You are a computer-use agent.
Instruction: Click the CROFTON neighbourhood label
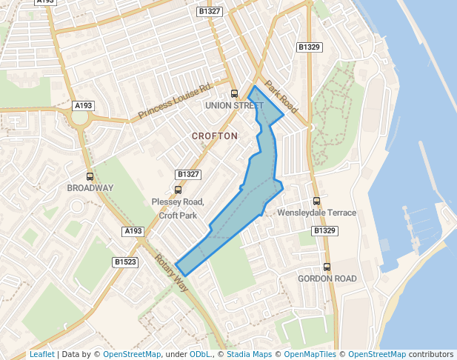click(x=215, y=136)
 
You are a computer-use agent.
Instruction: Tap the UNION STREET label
click(x=234, y=106)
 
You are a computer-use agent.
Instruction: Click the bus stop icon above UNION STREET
click(x=234, y=94)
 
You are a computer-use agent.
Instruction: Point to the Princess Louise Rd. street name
click(x=175, y=101)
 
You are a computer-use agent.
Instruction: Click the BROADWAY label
click(x=90, y=188)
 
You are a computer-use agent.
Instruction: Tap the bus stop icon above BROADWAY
click(x=90, y=176)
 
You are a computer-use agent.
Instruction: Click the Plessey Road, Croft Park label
click(x=178, y=208)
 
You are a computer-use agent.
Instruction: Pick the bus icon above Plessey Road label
click(x=178, y=190)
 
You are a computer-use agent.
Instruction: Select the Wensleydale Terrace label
click(x=316, y=213)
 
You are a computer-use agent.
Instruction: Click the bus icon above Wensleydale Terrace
click(x=317, y=201)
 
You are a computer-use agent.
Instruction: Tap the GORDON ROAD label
click(x=327, y=279)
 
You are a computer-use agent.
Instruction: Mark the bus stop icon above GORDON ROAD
click(x=327, y=267)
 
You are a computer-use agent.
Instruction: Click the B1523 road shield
click(x=125, y=262)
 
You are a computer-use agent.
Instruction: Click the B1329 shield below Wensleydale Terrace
click(x=324, y=231)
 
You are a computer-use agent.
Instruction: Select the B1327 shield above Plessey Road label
click(x=189, y=174)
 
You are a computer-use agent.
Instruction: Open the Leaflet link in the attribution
click(x=41, y=355)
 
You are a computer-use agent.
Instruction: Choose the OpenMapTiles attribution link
click(x=310, y=355)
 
